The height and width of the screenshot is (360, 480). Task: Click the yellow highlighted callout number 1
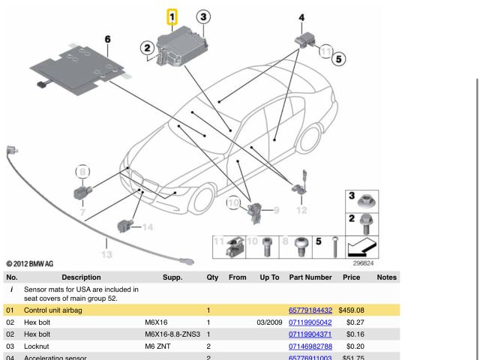[172, 16]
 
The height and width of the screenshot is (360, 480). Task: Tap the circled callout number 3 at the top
[203, 16]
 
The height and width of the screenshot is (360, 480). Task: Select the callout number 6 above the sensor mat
[107, 39]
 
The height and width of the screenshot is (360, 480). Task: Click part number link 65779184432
[310, 310]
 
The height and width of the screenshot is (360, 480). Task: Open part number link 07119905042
[310, 322]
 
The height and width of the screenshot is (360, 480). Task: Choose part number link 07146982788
[310, 346]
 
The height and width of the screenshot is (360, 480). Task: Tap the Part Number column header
[310, 277]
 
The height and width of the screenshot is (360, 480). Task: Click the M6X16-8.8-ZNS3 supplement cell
[172, 334]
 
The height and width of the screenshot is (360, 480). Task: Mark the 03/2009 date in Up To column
[268, 322]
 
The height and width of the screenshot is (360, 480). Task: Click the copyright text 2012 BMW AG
[30, 264]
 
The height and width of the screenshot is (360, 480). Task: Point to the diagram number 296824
[363, 263]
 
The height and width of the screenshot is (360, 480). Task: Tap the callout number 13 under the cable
[106, 254]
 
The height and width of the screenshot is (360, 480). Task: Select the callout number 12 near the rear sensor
[301, 210]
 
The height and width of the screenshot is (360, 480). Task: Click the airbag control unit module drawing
[180, 49]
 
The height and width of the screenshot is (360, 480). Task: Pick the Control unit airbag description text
[53, 310]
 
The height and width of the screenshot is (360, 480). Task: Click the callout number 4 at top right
[301, 17]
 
